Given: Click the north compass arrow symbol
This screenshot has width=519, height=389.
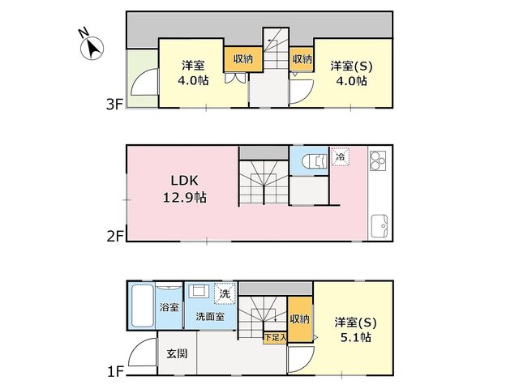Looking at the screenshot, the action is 92,49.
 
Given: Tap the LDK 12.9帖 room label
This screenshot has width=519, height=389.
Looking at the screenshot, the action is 185,189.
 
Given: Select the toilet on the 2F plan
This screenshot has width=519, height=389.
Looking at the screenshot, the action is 315,161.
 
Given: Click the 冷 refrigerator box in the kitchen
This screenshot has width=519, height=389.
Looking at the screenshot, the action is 341,156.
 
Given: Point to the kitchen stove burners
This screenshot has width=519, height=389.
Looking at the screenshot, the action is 378,160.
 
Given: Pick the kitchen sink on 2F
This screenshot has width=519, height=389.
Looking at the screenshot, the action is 380,226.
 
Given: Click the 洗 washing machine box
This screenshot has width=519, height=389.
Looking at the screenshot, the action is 225,293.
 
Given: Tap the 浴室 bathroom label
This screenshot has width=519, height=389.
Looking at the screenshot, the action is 169,307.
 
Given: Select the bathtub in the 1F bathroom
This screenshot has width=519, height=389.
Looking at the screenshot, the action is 143,306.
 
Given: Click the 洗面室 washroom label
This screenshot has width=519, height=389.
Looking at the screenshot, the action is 210,317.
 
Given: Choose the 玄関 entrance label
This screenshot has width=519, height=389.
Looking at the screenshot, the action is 177,353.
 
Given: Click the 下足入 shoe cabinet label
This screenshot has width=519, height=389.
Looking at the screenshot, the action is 275,337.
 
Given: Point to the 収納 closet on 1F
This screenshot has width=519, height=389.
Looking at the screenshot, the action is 300,318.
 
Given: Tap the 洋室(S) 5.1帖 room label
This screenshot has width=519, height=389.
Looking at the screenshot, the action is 355,330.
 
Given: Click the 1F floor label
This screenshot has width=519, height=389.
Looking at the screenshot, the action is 115,372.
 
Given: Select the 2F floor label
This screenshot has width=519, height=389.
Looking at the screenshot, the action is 115,237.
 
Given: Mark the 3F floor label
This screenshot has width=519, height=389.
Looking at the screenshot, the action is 114,105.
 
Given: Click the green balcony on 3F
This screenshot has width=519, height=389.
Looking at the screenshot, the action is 143,79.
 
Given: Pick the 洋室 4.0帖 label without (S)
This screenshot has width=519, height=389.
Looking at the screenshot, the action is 193,73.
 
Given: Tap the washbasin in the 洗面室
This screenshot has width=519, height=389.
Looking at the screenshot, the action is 199,291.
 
